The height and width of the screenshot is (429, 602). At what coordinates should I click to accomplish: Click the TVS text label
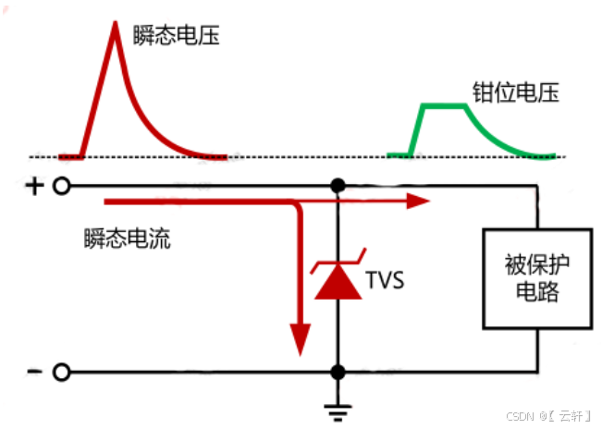click(384, 278)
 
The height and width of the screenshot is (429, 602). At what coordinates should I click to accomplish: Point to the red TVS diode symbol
click(338, 281)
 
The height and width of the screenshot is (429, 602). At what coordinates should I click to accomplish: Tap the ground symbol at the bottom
click(338, 408)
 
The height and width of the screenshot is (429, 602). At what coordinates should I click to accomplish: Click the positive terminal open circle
click(61, 187)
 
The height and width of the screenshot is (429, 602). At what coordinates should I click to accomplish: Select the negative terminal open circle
click(61, 373)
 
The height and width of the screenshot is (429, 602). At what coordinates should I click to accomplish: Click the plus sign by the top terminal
click(34, 187)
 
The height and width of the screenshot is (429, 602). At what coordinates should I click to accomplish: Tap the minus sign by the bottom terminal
click(34, 372)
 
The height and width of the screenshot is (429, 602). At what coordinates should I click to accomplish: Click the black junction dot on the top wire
click(338, 186)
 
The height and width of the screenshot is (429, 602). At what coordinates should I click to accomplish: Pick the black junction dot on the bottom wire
click(338, 373)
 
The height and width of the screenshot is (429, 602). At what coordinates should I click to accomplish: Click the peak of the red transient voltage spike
click(115, 22)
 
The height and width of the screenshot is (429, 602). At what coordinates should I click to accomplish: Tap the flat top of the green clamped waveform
click(444, 106)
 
